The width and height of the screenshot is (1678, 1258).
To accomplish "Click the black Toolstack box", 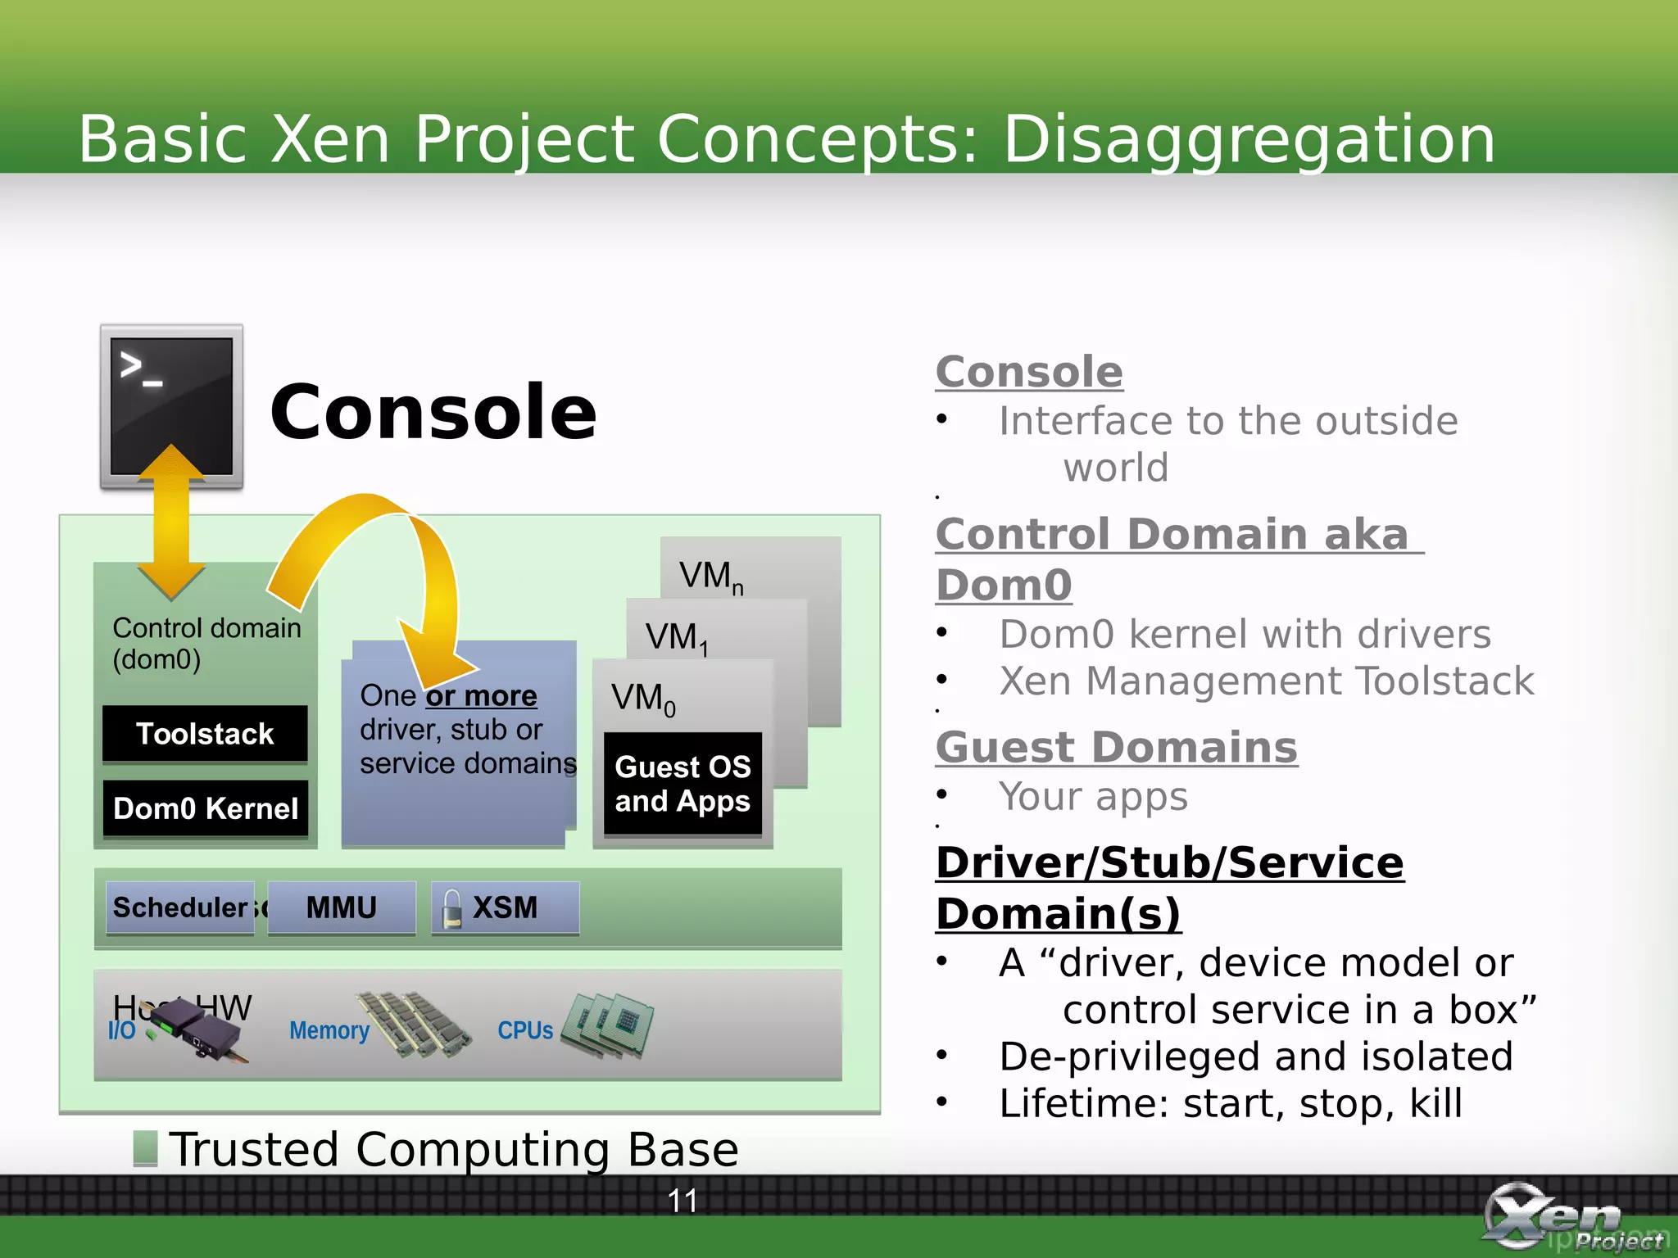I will tap(205, 733).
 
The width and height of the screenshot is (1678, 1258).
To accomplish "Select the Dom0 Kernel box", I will tap(205, 808).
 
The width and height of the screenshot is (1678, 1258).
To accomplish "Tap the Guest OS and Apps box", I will tap(683, 784).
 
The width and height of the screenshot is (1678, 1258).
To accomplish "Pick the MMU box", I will tap(342, 907).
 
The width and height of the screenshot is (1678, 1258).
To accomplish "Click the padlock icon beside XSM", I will tap(452, 909).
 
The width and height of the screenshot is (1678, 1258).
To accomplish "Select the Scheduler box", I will tap(180, 907).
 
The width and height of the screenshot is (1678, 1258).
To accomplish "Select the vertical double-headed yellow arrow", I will tap(171, 524).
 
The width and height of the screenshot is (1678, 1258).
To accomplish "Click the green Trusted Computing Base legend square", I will tap(145, 1148).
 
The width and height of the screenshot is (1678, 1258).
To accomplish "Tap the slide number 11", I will tap(682, 1201).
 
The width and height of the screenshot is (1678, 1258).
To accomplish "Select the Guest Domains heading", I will tap(1116, 747).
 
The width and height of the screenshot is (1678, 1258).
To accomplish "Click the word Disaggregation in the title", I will tap(1249, 139).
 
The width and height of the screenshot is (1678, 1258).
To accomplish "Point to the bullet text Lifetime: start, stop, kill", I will tap(1230, 1103).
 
